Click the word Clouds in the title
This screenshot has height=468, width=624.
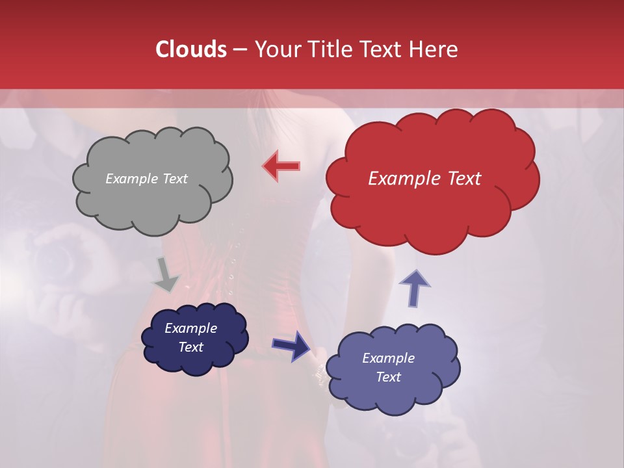coord(190,49)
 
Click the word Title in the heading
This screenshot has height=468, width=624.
coord(330,49)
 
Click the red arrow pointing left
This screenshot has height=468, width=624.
coord(281,166)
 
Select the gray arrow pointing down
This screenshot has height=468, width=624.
coord(166,275)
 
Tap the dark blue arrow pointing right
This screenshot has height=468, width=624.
coord(291,345)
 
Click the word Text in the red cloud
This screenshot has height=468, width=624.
coord(463,179)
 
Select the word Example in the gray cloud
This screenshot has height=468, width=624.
coord(132,179)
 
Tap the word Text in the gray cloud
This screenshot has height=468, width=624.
coord(175,179)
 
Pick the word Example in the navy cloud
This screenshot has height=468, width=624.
coord(190,328)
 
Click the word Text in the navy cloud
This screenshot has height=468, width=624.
coord(190,347)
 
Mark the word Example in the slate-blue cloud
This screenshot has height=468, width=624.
coord(388,358)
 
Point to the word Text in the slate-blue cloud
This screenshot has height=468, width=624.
coord(388,377)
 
